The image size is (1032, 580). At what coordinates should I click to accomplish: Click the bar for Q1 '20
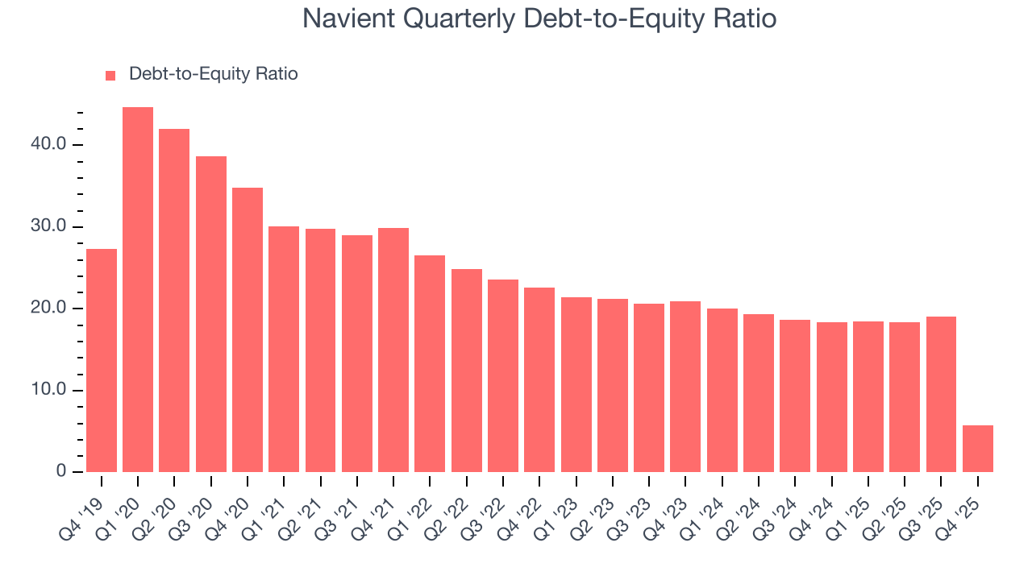coord(138,290)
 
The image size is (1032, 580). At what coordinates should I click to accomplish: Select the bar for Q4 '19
coord(102,361)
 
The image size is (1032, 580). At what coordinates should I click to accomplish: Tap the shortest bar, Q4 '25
coord(978,449)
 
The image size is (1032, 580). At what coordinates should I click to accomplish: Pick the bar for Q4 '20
coord(248,330)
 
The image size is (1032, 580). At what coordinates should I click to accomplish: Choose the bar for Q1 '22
coord(430,364)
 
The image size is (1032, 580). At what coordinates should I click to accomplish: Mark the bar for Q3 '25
coord(941,395)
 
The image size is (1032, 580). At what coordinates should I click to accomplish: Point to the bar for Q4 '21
coord(393,350)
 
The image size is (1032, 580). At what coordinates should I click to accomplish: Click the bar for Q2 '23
coord(612,386)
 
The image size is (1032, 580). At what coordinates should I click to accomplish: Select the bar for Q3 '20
coord(211,314)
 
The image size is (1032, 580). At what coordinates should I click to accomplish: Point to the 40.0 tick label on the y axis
coord(50,145)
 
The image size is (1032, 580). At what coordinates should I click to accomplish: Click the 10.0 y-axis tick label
coord(50,391)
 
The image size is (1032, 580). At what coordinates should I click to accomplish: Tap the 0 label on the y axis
coord(62,472)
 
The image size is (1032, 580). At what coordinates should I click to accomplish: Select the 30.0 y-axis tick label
coord(50,227)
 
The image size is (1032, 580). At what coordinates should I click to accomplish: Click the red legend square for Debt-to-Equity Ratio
coord(110,75)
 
